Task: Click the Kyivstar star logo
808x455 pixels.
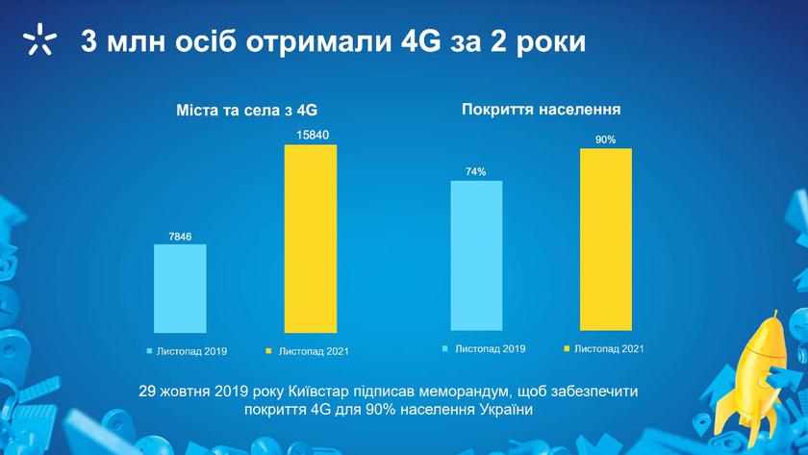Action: tap(39, 39)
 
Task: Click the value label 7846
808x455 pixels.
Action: tap(180, 237)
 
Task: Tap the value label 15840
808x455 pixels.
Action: tap(313, 136)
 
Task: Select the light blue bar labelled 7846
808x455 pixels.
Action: tap(181, 289)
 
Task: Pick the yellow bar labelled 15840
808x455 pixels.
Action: tap(311, 239)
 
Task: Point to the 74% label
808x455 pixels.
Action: tap(475, 171)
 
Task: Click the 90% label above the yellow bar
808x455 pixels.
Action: tap(605, 139)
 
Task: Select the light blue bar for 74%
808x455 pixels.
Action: tap(476, 256)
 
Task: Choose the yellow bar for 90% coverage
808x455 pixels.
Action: tap(606, 240)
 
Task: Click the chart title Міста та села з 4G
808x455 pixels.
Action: tap(246, 111)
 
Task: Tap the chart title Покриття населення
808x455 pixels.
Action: tap(541, 110)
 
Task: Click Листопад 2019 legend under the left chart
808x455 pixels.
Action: tap(187, 351)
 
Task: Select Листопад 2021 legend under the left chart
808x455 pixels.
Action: tap(307, 351)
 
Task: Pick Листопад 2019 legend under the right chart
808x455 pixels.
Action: tap(484, 349)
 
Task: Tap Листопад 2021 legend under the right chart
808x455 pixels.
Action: tap(604, 349)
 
